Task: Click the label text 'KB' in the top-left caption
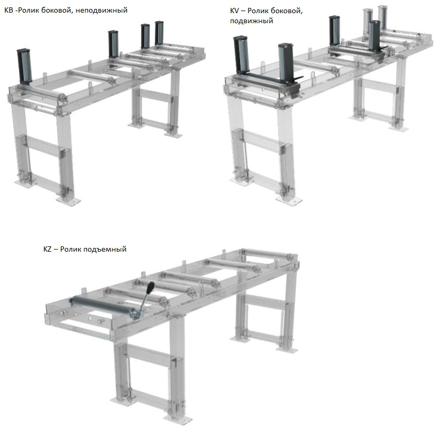(8, 10)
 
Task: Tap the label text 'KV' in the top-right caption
(234, 11)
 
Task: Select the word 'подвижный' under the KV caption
(252, 21)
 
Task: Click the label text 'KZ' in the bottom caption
(47, 249)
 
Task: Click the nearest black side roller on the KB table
(24, 66)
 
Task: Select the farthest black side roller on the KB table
(159, 33)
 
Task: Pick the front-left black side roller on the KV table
(241, 54)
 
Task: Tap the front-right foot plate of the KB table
(68, 201)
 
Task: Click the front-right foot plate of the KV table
(289, 200)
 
